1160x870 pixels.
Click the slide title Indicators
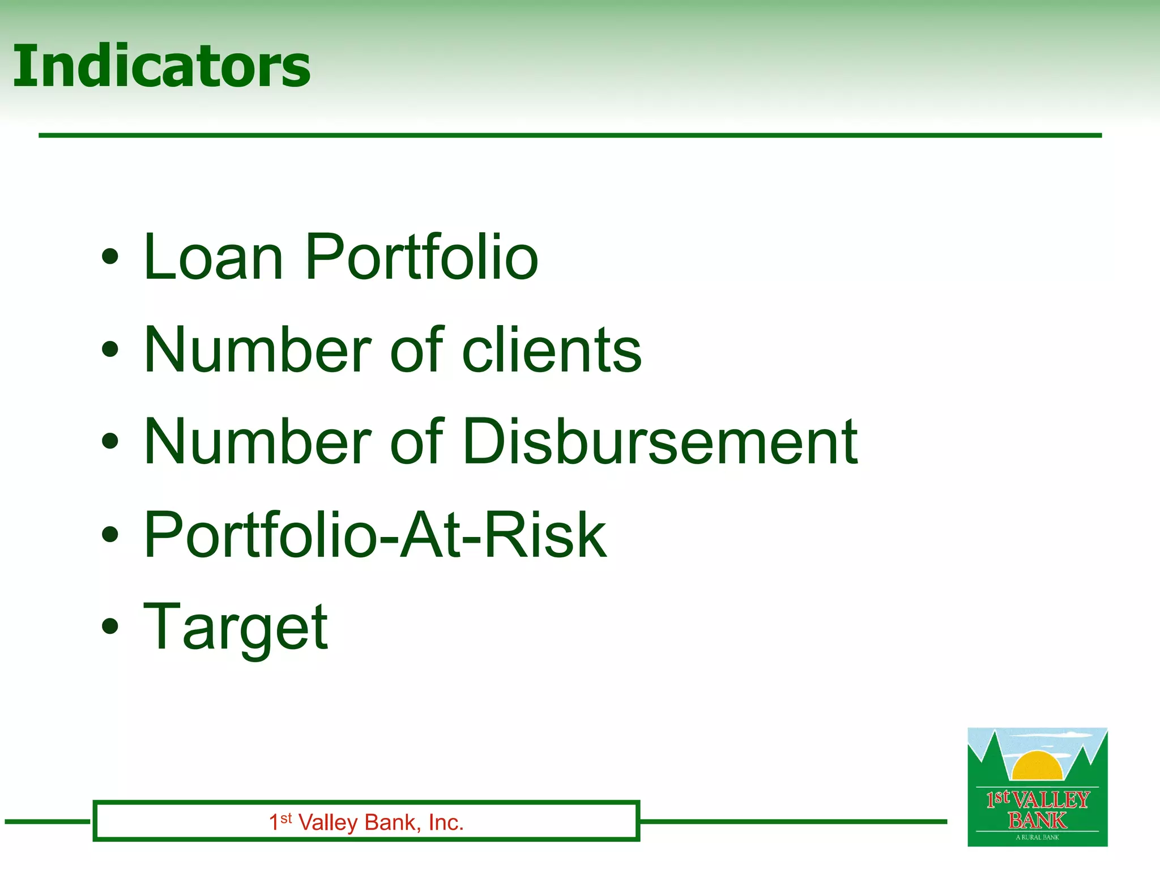(161, 67)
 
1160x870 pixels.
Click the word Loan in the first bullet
(213, 258)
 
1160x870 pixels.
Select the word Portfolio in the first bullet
(421, 258)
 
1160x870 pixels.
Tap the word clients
(552, 350)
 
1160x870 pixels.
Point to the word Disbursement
(660, 442)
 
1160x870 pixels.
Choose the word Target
(235, 627)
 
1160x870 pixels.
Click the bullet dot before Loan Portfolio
(110, 257)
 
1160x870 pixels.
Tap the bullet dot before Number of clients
(110, 349)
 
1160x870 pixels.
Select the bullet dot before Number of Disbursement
(110, 441)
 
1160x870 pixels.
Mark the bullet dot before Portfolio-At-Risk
(110, 534)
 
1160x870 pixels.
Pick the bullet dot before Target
(110, 626)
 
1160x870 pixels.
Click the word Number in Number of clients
(258, 350)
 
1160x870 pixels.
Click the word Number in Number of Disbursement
(258, 442)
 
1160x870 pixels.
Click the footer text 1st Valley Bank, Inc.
(366, 822)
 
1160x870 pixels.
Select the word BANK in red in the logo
(1037, 820)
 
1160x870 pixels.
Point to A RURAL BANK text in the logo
(1037, 837)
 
